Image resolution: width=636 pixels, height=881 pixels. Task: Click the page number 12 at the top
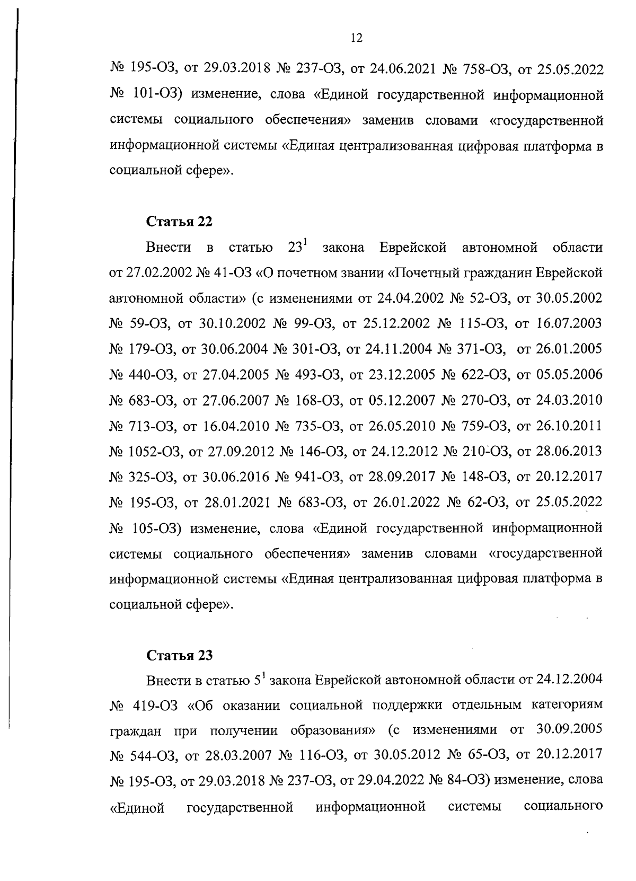356,38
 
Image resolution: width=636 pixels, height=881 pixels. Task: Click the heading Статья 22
179,222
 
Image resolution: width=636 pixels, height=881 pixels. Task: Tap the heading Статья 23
179,656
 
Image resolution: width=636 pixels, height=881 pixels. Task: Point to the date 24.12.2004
569,680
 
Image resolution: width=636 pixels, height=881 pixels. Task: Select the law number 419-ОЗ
149,706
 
